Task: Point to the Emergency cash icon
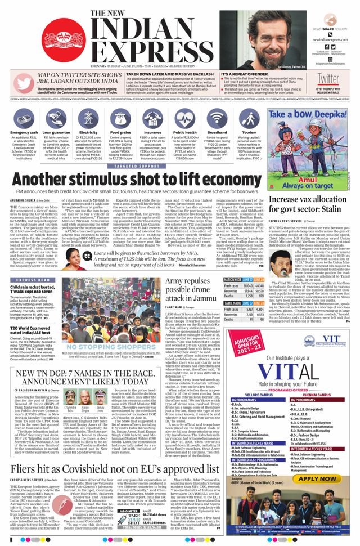24,118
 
